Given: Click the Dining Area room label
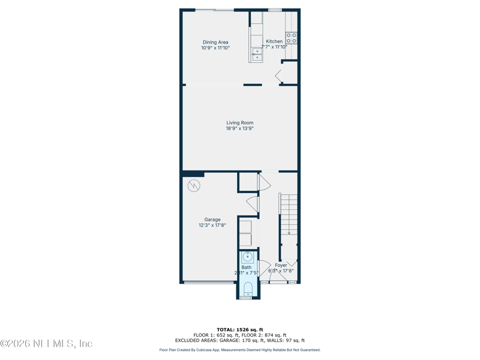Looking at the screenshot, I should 215,42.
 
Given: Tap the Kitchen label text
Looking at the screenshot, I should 274,41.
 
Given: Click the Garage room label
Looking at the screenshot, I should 212,220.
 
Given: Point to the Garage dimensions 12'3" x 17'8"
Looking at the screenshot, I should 212,226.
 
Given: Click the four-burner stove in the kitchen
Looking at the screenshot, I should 292,38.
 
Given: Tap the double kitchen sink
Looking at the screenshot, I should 257,55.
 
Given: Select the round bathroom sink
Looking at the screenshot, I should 247,258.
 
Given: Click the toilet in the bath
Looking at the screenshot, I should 247,289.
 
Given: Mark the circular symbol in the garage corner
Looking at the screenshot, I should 193,185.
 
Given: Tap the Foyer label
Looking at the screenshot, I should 281,265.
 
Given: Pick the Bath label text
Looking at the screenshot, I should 247,267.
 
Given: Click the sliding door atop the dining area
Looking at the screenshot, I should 215,10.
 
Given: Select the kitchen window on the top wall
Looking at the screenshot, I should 275,10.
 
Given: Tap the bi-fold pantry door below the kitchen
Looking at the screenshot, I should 279,76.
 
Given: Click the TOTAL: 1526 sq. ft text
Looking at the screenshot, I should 240,330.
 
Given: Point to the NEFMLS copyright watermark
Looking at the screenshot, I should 46,344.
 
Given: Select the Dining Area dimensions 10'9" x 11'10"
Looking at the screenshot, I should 215,48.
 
